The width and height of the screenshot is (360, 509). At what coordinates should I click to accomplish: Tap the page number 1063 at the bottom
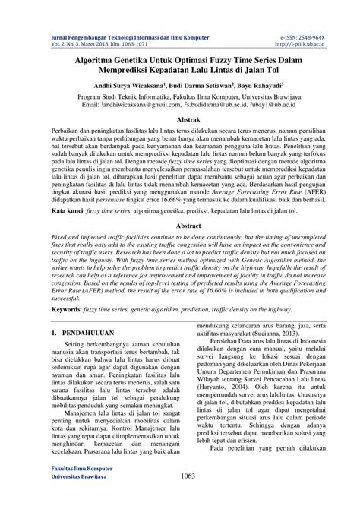[179, 497]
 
